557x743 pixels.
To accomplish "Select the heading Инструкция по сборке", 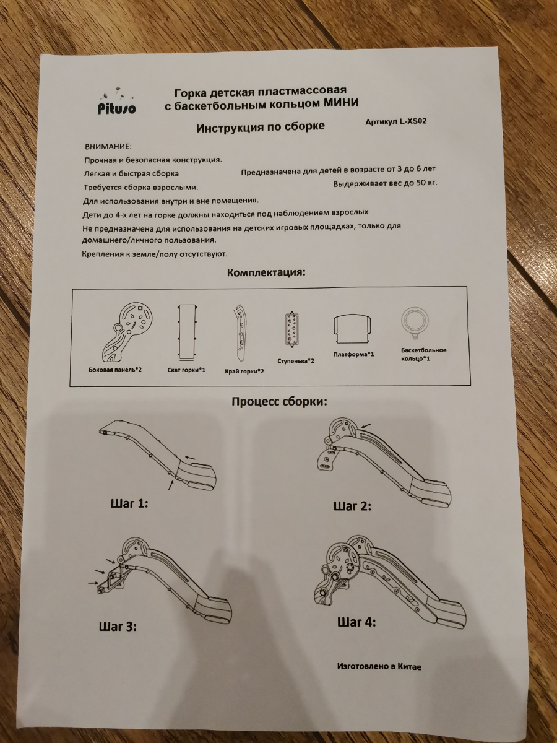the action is [x=261, y=128].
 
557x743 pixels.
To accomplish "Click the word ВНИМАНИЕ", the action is [x=108, y=147].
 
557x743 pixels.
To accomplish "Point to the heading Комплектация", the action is [x=266, y=272].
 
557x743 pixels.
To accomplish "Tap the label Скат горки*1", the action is [x=186, y=370].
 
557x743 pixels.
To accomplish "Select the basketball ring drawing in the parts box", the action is [x=415, y=321].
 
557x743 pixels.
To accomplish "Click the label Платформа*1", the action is [x=353, y=355].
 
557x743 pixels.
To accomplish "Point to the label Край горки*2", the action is [x=244, y=371].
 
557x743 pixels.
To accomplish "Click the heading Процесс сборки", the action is [x=279, y=402].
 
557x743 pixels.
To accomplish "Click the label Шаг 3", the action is [x=118, y=626].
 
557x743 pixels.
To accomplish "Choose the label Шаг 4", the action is [x=356, y=622].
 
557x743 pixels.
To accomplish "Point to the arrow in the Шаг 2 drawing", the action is [x=366, y=426].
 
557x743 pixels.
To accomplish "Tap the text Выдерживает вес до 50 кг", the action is [x=385, y=183].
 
